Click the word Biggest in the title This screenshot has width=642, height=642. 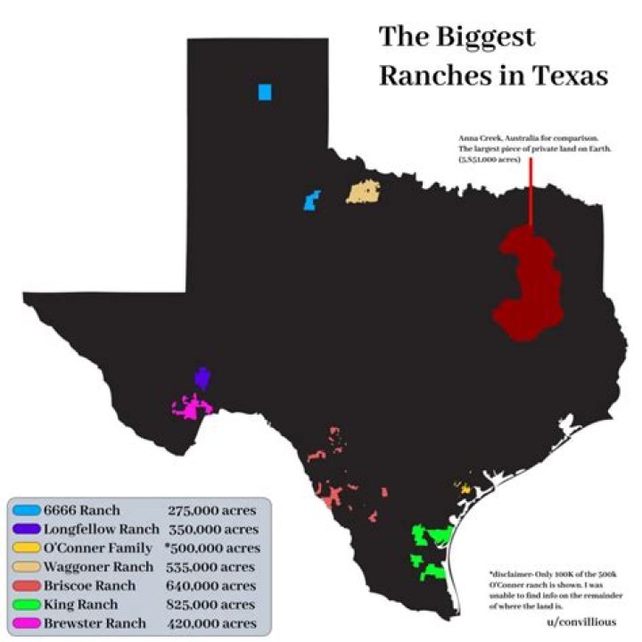[x=486, y=37]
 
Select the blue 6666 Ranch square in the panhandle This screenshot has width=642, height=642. [x=265, y=92]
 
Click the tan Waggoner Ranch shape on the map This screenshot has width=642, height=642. [x=364, y=192]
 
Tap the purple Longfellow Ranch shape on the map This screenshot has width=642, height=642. [x=202, y=378]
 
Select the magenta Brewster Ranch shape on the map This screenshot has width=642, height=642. [x=192, y=409]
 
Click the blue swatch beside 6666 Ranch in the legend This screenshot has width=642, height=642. [x=25, y=511]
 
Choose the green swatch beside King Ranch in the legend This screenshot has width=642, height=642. [x=25, y=605]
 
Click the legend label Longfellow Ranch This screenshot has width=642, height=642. [x=102, y=530]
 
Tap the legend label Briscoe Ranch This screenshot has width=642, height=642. [x=90, y=586]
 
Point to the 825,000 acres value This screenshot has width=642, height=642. [x=211, y=605]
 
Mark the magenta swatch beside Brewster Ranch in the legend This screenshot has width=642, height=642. [x=25, y=623]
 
